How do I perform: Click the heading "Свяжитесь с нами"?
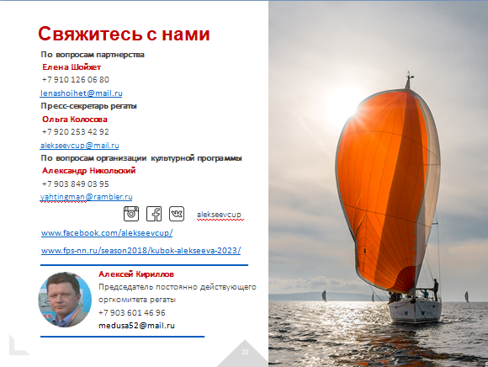tap(124, 34)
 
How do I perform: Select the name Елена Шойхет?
tap(72, 67)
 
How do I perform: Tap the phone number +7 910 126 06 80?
tap(76, 80)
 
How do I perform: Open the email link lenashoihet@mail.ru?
tap(82, 93)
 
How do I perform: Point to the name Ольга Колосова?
tap(75, 120)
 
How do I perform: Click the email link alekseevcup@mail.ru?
tap(80, 146)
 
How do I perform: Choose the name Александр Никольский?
tap(89, 171)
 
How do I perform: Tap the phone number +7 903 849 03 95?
tap(76, 184)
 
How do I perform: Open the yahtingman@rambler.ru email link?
tap(86, 197)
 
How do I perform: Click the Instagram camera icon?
tap(131, 214)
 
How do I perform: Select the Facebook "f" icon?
tap(154, 214)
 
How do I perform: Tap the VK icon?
tap(177, 214)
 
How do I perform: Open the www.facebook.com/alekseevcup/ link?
tap(107, 233)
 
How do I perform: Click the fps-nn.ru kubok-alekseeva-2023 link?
tap(141, 251)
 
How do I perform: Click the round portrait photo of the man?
tap(65, 300)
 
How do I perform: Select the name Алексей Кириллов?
tap(136, 274)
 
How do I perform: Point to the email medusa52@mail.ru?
tap(136, 326)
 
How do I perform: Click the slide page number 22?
tap(245, 352)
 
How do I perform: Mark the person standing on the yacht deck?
tap(436, 290)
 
